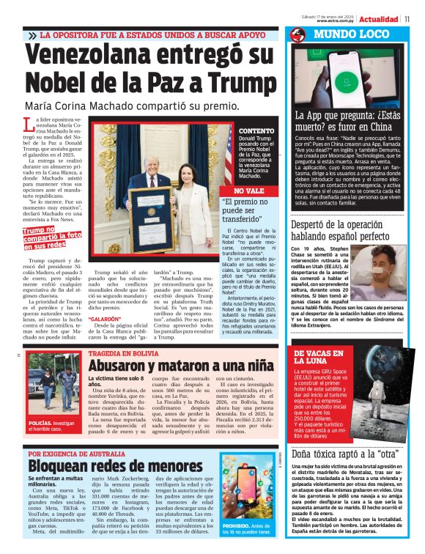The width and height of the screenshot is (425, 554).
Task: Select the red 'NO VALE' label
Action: coord(234,190)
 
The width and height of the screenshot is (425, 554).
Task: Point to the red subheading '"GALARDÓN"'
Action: coord(104,320)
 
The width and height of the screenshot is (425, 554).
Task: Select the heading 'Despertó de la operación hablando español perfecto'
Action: coord(346,231)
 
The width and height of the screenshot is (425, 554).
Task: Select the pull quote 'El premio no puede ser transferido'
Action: coord(235,211)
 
